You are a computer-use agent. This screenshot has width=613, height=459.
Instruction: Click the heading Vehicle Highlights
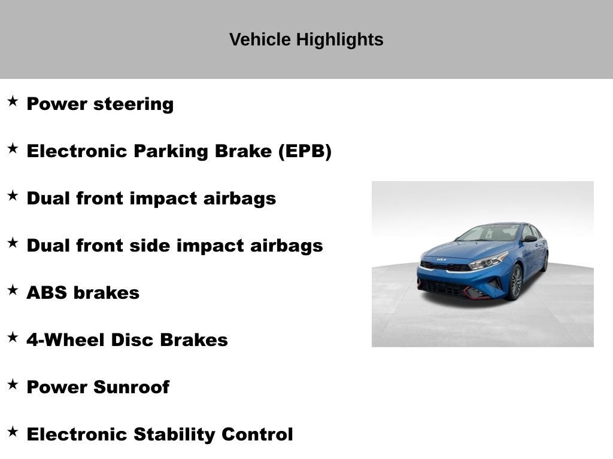(306, 40)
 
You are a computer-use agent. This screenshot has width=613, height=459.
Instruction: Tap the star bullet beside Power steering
(13, 102)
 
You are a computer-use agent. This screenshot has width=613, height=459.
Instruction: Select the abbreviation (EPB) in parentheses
(304, 151)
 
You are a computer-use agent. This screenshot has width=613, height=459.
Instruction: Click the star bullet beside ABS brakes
(13, 290)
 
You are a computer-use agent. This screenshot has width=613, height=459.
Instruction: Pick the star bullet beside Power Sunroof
(13, 385)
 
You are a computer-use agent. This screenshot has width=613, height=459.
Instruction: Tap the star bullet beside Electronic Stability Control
(13, 432)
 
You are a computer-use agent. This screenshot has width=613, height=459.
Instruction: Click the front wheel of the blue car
(515, 283)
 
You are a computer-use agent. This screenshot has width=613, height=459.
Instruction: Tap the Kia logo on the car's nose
(441, 260)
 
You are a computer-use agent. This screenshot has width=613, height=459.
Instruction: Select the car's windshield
(488, 233)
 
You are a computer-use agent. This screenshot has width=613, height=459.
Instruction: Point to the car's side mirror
(529, 239)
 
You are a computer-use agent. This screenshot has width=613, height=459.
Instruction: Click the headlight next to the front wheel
(488, 261)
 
